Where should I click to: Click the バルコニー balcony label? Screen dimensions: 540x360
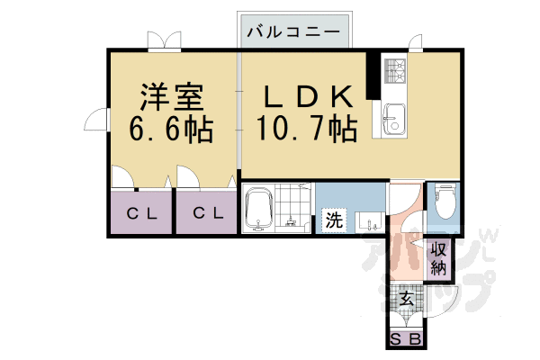[293, 32]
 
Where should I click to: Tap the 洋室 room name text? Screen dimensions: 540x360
[172, 97]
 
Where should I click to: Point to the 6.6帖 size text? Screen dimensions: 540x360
[171, 130]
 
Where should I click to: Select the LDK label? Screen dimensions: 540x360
[308, 97]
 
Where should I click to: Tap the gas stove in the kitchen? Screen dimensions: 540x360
[395, 71]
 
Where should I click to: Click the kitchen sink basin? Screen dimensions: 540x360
[394, 119]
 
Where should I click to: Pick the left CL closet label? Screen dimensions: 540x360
[142, 214]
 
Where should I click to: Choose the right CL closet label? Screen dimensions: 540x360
[208, 213]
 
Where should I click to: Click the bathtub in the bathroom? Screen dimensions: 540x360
[258, 209]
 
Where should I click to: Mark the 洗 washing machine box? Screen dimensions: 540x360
[334, 220]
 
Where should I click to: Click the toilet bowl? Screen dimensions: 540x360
[445, 200]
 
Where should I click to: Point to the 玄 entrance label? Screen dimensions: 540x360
[407, 299]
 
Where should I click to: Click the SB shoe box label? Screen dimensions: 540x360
[406, 340]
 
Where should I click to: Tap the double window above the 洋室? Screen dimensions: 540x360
[165, 41]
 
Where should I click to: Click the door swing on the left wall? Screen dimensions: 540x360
[96, 119]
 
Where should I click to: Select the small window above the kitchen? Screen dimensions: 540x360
[415, 43]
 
